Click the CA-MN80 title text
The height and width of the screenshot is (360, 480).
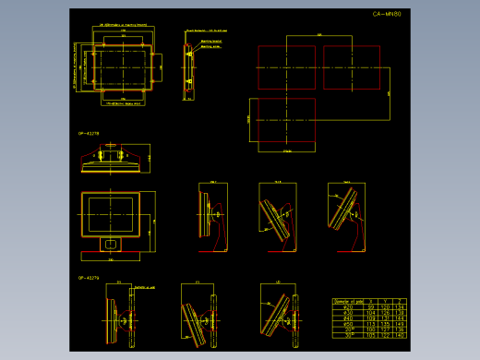(x=387, y=15)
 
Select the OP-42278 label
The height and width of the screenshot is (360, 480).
(x=89, y=133)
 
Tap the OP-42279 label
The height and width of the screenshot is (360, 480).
(x=89, y=277)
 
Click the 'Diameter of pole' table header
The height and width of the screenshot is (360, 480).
(x=347, y=301)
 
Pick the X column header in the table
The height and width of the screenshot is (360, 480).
(x=371, y=301)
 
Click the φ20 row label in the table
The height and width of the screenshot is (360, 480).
(x=347, y=307)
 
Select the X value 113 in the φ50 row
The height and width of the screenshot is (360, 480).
(x=371, y=324)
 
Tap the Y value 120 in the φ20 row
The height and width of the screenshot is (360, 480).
(x=386, y=307)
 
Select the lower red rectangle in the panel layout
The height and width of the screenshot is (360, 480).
(x=287, y=122)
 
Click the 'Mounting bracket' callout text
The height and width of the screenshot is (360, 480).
(x=210, y=42)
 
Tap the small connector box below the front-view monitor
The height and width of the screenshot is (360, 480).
(x=110, y=244)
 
